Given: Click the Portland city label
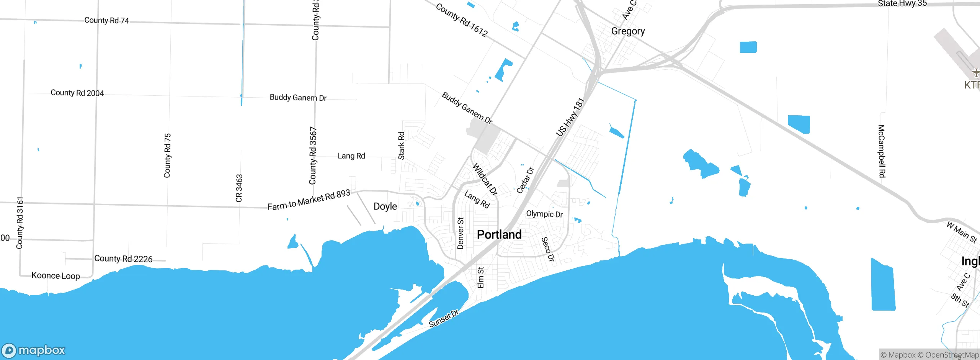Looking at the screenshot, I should coord(499,234).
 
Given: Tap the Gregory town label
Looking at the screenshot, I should coord(628,31).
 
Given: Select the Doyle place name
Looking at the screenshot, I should coord(385,206).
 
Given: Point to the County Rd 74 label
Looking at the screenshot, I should coord(106,20).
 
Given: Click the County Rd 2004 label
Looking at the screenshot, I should coord(77,93).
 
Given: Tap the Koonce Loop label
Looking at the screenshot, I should coord(56,276).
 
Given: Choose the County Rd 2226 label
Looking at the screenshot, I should coord(123,259).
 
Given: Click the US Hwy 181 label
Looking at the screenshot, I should coord(570,117).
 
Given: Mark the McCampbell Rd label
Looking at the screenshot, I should coord(882,151).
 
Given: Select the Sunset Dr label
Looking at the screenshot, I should coord(443,319).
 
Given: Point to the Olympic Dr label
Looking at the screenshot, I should coord(544,214).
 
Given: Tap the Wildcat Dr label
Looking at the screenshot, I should coord(485,179).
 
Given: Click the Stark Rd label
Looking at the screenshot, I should coord(401,146).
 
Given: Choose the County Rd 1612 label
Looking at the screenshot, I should coord(462,20).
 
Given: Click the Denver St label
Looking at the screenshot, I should coord(461,233).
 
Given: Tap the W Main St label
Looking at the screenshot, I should coord(962,232).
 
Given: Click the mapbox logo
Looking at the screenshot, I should coord(34,350).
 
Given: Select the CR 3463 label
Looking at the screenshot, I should coord(239,188).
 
